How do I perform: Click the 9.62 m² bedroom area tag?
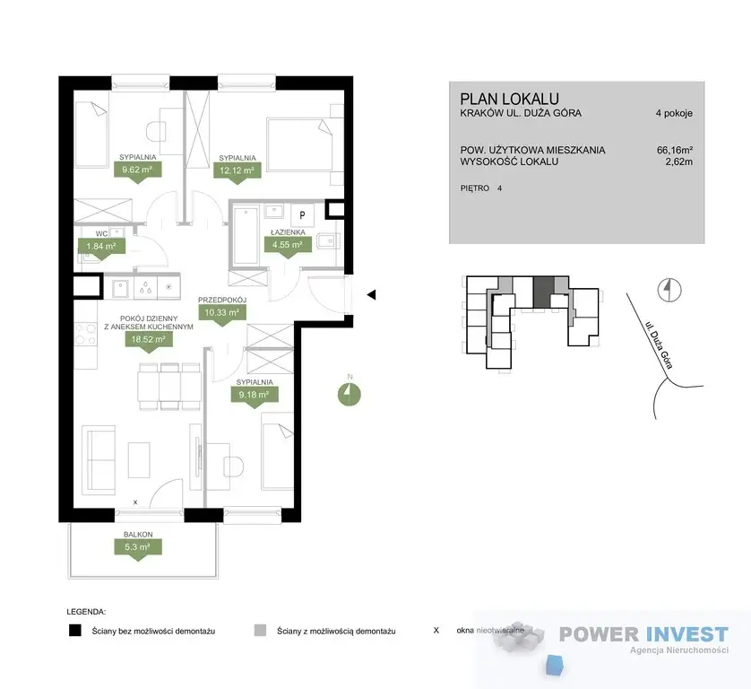(137, 170)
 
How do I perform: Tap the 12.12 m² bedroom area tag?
(237, 171)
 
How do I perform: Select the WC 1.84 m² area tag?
(101, 248)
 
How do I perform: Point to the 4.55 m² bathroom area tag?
(288, 246)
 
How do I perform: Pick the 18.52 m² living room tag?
(149, 340)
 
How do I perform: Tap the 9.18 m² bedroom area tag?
(254, 396)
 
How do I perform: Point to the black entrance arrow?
(371, 295)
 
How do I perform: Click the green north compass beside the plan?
(350, 394)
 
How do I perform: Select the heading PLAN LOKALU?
(509, 99)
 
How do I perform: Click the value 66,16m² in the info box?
(674, 150)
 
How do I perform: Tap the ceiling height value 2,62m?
(678, 161)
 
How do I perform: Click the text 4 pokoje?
(674, 114)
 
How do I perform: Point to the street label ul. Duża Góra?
(660, 345)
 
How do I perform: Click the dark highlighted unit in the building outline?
(544, 292)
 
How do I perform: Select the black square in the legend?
(75, 630)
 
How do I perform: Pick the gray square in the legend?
(260, 630)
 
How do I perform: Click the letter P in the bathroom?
(302, 215)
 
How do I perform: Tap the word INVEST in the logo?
(686, 634)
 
